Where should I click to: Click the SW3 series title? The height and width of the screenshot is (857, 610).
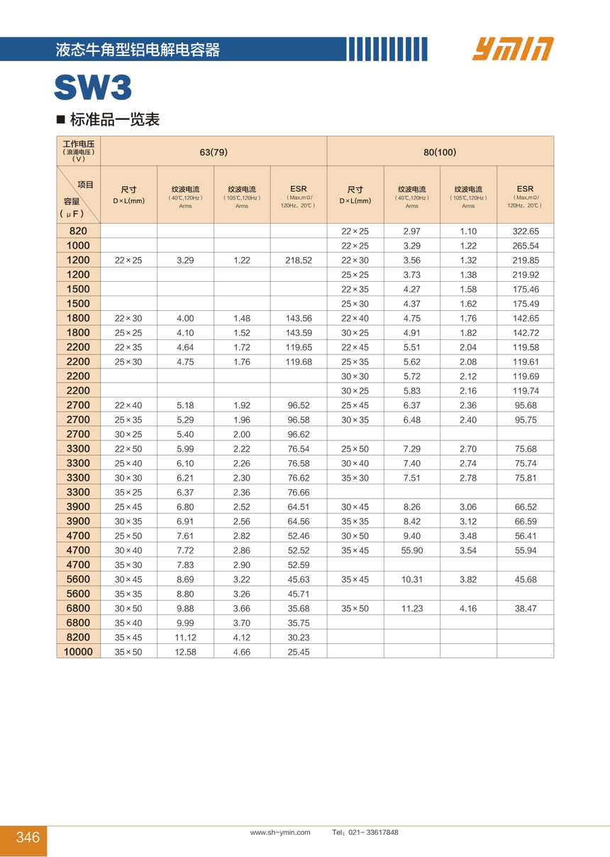point(93,89)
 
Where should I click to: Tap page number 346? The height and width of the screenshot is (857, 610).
point(28,837)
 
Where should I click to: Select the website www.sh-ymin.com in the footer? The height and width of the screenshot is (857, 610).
point(280,833)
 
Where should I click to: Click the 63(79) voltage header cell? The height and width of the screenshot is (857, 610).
point(213,152)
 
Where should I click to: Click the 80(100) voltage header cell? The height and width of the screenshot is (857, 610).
point(440,152)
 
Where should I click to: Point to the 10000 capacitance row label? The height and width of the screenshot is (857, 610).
point(79,652)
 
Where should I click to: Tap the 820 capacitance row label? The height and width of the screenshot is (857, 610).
point(79,231)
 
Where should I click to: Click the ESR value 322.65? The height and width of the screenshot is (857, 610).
point(525,231)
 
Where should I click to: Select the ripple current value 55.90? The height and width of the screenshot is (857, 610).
point(412,550)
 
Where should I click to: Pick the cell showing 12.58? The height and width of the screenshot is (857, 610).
point(185,652)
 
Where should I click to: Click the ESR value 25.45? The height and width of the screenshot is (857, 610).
point(299,652)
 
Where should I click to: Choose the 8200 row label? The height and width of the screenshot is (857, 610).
point(79,638)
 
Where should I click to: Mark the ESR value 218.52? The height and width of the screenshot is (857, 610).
point(299,261)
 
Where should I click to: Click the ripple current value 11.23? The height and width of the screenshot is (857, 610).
point(412,608)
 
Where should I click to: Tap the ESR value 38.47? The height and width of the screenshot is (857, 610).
point(525,608)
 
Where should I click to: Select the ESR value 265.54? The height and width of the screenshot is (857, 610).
point(525,246)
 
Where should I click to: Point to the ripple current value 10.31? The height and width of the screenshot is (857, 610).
point(412,579)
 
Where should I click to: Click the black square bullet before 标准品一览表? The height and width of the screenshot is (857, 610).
point(61,119)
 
